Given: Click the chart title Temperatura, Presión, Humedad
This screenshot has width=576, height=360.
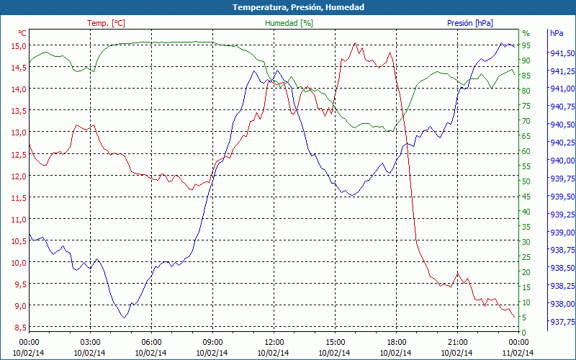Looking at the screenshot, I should [x=288, y=7].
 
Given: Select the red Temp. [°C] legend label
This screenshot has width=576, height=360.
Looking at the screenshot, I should [x=106, y=23].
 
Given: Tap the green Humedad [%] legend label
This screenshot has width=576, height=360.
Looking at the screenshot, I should [x=289, y=23].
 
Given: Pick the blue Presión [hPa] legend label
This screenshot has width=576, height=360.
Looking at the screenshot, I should [x=470, y=23].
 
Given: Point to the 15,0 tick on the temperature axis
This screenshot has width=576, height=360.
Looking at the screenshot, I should [x=18, y=45].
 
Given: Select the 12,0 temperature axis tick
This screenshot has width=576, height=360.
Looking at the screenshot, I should [x=18, y=176].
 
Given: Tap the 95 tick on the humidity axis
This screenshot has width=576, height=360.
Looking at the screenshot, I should [x=526, y=45].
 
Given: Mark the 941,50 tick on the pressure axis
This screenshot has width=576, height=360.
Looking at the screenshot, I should [x=562, y=53].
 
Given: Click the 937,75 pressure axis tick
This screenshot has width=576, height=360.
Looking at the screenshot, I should [x=562, y=322].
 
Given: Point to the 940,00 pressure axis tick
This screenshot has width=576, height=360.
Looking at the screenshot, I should [x=562, y=161].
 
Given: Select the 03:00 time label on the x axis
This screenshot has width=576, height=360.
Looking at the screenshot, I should [x=90, y=342].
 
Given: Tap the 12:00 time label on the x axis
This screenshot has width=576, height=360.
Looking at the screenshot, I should [x=274, y=342].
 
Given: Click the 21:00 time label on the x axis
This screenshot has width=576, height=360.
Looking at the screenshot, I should [x=457, y=342].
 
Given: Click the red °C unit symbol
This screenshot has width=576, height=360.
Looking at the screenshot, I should [x=22, y=33].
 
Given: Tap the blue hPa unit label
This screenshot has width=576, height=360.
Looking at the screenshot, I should [x=557, y=33].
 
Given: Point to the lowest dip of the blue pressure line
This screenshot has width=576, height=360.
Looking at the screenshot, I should [x=125, y=317].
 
